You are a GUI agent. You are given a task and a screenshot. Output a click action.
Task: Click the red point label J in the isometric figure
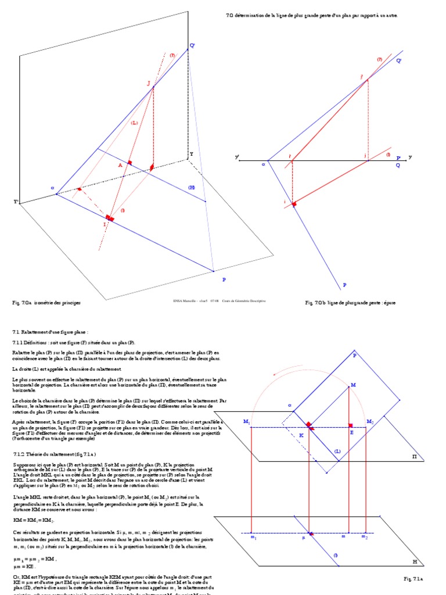(149, 84)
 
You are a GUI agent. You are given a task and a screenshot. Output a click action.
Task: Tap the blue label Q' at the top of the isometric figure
(192, 45)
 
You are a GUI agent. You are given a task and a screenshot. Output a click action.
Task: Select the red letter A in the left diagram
(120, 166)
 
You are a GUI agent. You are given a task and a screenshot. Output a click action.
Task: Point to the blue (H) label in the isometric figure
(191, 187)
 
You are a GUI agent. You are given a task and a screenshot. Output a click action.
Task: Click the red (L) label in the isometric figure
(134, 123)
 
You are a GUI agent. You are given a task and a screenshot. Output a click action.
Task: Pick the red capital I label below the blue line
(105, 224)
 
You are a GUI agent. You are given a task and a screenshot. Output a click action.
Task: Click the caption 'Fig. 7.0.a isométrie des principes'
(46, 303)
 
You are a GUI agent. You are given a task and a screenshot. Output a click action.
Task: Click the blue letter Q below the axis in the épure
(398, 165)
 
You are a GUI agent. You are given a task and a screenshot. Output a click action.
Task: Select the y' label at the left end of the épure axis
(237, 157)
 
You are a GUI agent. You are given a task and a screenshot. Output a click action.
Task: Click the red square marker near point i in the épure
(294, 204)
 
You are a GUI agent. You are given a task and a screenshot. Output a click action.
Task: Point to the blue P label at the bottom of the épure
(344, 285)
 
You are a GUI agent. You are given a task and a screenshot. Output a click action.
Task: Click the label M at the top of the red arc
(353, 385)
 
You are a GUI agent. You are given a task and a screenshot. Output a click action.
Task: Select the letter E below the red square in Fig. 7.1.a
(351, 433)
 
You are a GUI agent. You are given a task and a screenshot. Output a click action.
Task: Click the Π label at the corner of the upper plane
(415, 457)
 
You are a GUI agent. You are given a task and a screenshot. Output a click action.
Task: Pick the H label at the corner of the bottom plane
(415, 562)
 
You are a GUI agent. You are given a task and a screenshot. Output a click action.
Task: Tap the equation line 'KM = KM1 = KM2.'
(33, 521)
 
